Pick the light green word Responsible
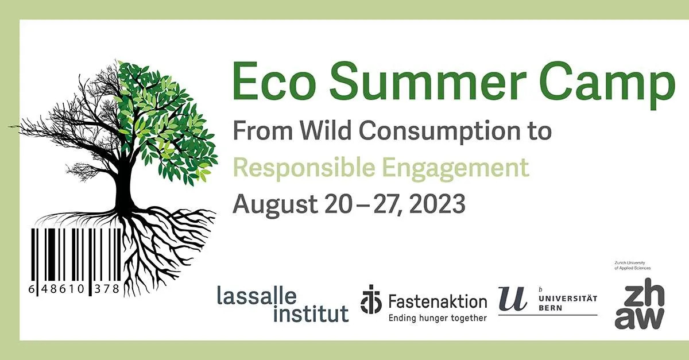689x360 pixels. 304,169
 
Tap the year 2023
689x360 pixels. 437,204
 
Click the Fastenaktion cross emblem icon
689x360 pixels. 371,299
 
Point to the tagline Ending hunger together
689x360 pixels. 438,318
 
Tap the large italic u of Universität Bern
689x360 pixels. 512,298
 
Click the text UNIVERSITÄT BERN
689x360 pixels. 568,303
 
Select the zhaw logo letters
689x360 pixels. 640,303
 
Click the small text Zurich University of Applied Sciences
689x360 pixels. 633,265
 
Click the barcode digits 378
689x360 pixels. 107,289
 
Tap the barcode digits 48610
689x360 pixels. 63,289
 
